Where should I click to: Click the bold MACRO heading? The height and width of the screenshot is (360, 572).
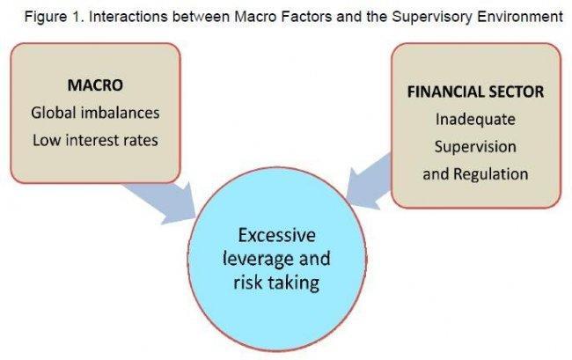click(95, 85)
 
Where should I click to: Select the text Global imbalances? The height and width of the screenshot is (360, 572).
click(95, 113)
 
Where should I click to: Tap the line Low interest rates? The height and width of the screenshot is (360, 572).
click(95, 140)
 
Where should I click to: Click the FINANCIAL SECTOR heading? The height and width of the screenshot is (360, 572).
click(475, 92)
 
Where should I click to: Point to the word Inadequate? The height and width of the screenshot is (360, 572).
click(475, 120)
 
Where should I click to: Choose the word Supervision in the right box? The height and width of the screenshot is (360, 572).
click(475, 147)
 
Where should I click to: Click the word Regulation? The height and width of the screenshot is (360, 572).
click(491, 174)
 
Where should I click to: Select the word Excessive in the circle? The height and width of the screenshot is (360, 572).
click(277, 235)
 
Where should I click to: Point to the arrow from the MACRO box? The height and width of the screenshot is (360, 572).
click(162, 202)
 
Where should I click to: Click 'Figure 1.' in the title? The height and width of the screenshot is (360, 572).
click(55, 17)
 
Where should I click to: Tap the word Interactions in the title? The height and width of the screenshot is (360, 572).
click(128, 17)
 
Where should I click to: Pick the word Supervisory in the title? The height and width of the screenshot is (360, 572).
click(432, 17)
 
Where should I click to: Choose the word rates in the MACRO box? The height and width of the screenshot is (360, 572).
click(142, 141)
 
